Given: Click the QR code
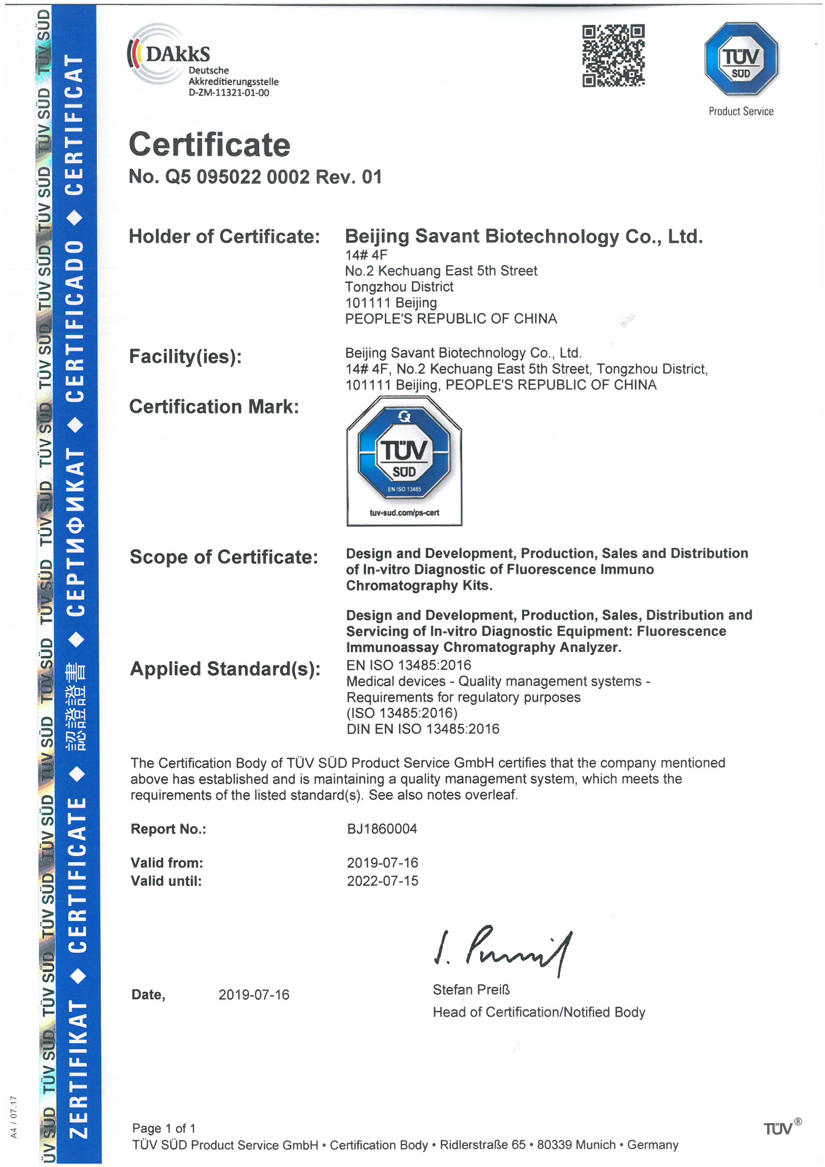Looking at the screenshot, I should pyautogui.click(x=613, y=55).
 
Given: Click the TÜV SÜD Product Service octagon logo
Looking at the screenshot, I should pyautogui.click(x=741, y=59).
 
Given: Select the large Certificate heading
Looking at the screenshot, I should pyautogui.click(x=210, y=145).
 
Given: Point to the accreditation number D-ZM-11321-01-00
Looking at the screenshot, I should pyautogui.click(x=229, y=93).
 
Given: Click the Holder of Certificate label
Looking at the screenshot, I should pyautogui.click(x=224, y=237).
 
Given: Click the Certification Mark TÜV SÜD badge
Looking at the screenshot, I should pyautogui.click(x=404, y=460).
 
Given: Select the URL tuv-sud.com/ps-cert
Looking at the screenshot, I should pyautogui.click(x=404, y=513).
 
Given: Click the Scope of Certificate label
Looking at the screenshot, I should pyautogui.click(x=224, y=557).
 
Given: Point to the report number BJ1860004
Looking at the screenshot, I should pyautogui.click(x=382, y=829).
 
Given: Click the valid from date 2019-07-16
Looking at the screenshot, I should pyautogui.click(x=382, y=863).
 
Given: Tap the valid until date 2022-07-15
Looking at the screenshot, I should pyautogui.click(x=382, y=881).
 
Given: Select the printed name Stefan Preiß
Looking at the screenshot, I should pyautogui.click(x=471, y=990).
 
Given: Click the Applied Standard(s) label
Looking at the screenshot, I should pyautogui.click(x=225, y=669).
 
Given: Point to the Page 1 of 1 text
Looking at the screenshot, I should pyautogui.click(x=164, y=1129).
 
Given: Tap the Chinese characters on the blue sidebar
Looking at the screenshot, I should pyautogui.click(x=76, y=706).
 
